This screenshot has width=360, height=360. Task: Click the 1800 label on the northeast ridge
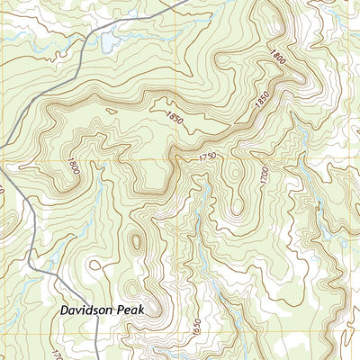[275, 57]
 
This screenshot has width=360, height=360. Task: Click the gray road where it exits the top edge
[183, 3]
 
